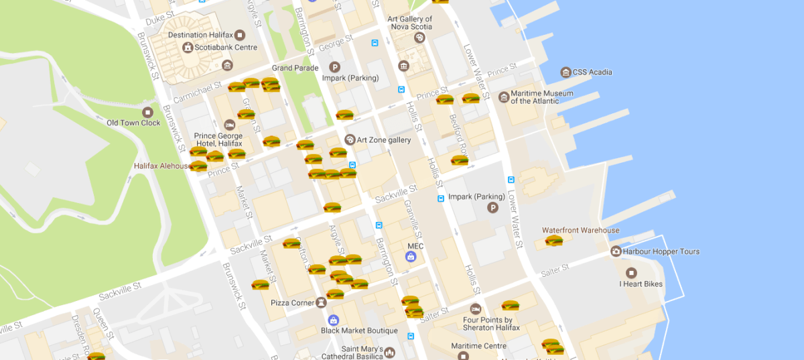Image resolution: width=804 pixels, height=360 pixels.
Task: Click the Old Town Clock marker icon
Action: [x=148, y=112]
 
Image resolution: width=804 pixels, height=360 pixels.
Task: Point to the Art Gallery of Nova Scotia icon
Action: [x=419, y=38]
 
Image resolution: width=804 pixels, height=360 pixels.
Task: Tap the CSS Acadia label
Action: [x=592, y=72]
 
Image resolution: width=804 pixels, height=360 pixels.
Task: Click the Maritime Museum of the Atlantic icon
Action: [x=503, y=97]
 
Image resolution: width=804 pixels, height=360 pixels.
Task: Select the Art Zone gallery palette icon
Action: [x=349, y=139]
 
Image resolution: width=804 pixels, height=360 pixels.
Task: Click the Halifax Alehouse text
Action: [x=161, y=166]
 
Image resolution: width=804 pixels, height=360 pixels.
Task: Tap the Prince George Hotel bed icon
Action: [x=229, y=125]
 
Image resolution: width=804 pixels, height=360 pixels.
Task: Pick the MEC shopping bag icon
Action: [x=410, y=256]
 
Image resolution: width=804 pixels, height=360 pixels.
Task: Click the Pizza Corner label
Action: [x=293, y=303]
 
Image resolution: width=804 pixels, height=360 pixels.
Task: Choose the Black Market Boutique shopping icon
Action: [x=333, y=320]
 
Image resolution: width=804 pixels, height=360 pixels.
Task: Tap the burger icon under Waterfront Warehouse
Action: [x=554, y=241]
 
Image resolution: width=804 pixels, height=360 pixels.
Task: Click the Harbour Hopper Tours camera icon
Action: [x=616, y=251]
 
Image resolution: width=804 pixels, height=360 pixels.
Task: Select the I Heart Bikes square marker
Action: [x=630, y=273]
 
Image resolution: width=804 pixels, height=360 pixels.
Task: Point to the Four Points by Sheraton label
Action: [x=488, y=324]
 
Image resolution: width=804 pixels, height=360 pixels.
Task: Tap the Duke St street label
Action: [x=159, y=21]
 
